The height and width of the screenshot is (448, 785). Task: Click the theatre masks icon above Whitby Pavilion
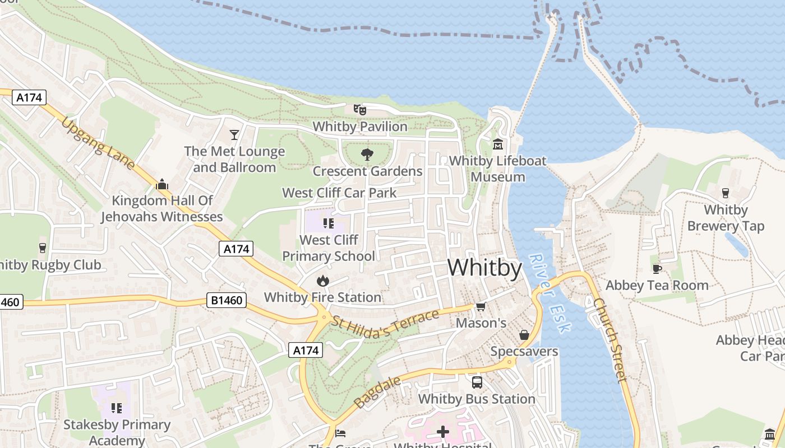(359, 109)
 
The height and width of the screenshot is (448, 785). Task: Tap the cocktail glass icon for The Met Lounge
(234, 134)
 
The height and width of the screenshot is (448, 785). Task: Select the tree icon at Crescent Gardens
(367, 154)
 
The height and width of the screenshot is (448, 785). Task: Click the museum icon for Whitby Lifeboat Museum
(497, 144)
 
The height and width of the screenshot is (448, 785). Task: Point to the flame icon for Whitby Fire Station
(322, 280)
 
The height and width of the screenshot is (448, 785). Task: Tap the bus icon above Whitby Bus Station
(477, 382)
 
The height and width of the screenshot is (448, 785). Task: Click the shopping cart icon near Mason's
(481, 306)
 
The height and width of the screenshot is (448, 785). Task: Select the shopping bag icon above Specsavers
(524, 334)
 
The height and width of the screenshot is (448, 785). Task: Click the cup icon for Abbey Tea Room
(657, 269)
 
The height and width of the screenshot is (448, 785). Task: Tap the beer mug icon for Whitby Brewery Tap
(726, 193)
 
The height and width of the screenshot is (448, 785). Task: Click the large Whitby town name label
(485, 268)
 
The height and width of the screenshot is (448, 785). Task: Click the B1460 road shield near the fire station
(227, 301)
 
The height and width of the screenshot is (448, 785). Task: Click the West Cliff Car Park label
(339, 193)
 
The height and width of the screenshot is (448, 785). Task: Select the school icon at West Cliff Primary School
(329, 224)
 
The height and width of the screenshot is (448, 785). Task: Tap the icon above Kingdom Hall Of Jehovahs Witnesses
(162, 184)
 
